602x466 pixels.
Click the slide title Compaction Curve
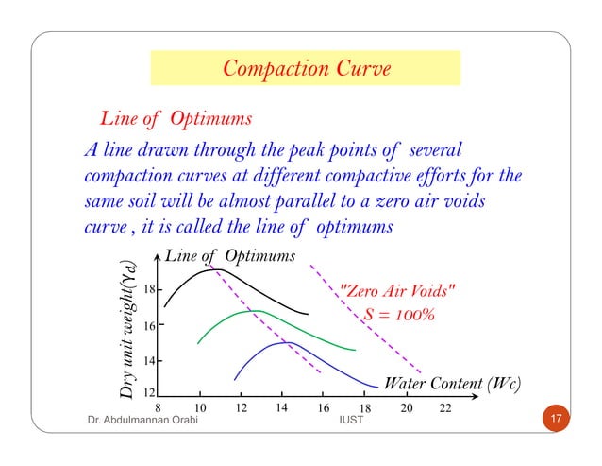(x=306, y=68)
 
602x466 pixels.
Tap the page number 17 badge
(x=556, y=418)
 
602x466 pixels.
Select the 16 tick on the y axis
(x=149, y=325)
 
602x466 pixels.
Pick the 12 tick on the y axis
(x=149, y=392)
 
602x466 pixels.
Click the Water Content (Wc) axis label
(x=452, y=384)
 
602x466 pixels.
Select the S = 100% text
(x=398, y=313)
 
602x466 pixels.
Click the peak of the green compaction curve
(x=256, y=311)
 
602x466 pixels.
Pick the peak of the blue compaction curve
(x=288, y=343)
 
